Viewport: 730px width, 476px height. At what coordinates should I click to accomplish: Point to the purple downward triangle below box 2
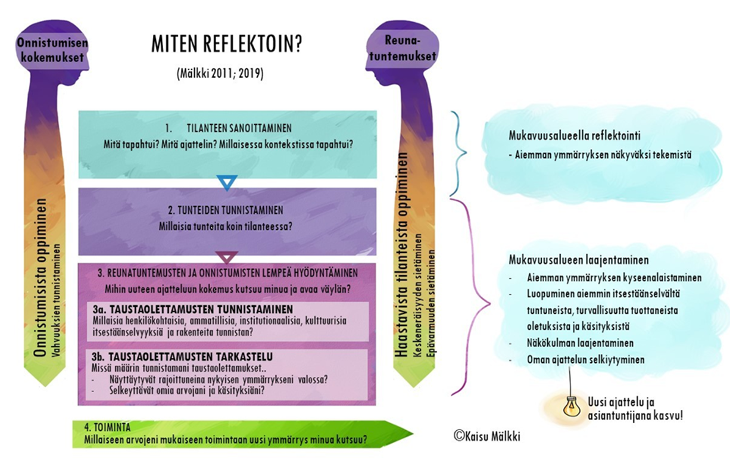[227, 257]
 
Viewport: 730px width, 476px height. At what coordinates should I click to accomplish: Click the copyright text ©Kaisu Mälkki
[486, 436]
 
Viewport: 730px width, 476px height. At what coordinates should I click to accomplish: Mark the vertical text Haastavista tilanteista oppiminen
[403, 256]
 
